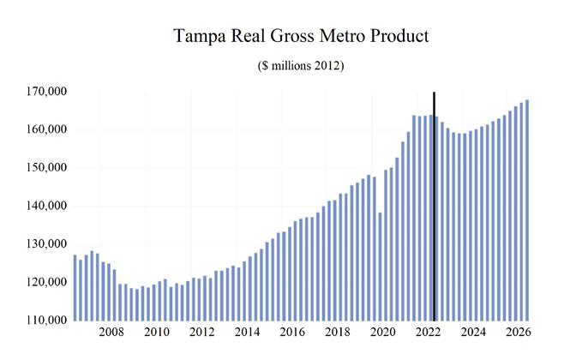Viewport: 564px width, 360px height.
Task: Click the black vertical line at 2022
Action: click(x=434, y=206)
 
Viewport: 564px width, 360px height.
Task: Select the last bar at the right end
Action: click(x=526, y=210)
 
